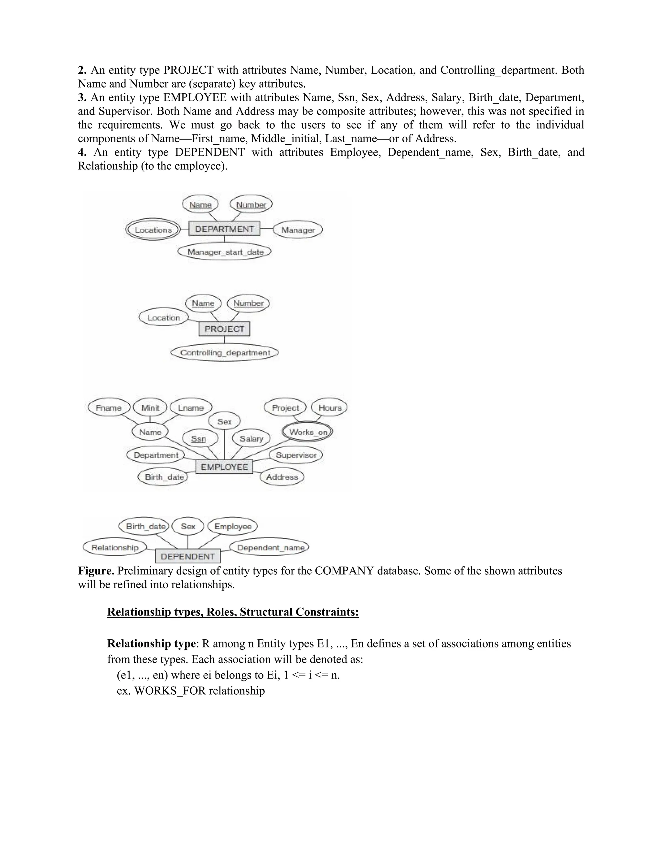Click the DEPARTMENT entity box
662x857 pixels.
pyautogui.click(x=224, y=229)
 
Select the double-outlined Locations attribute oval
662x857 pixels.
pyautogui.click(x=153, y=230)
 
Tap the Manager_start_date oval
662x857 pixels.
pyautogui.click(x=225, y=252)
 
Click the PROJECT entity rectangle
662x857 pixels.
pyautogui.click(x=224, y=329)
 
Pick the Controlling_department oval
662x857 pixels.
pyautogui.click(x=225, y=353)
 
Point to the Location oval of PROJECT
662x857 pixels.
pyautogui.click(x=164, y=318)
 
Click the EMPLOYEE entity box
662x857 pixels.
pyautogui.click(x=224, y=467)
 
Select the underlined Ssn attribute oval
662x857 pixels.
pyautogui.click(x=199, y=439)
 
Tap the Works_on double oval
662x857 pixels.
pyautogui.click(x=307, y=432)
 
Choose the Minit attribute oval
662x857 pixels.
pyautogui.click(x=150, y=408)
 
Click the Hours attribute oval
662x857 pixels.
pyautogui.click(x=329, y=408)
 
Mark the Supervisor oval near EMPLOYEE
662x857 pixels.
pyautogui.click(x=296, y=455)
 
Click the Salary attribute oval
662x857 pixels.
pyautogui.click(x=251, y=439)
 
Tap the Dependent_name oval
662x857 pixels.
pyautogui.click(x=270, y=548)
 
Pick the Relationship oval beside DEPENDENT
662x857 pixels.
pyautogui.click(x=115, y=548)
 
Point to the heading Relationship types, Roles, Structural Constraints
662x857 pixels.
pyautogui.click(x=233, y=612)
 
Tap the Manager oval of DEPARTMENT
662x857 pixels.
pyautogui.click(x=298, y=230)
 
